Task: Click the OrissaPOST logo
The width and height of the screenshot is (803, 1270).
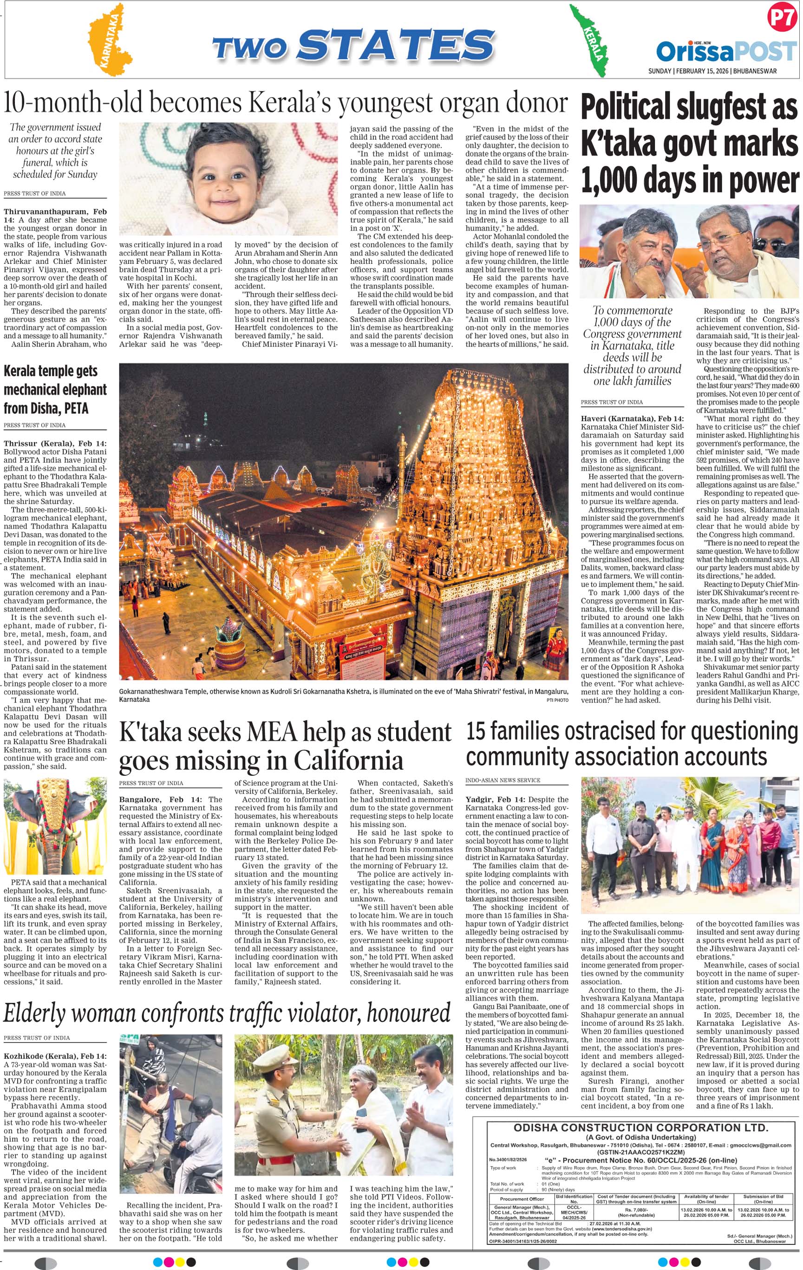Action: (726, 52)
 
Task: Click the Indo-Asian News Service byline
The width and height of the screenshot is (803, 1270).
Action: (503, 780)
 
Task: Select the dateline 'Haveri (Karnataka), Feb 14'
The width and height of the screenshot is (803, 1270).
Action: (632, 419)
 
